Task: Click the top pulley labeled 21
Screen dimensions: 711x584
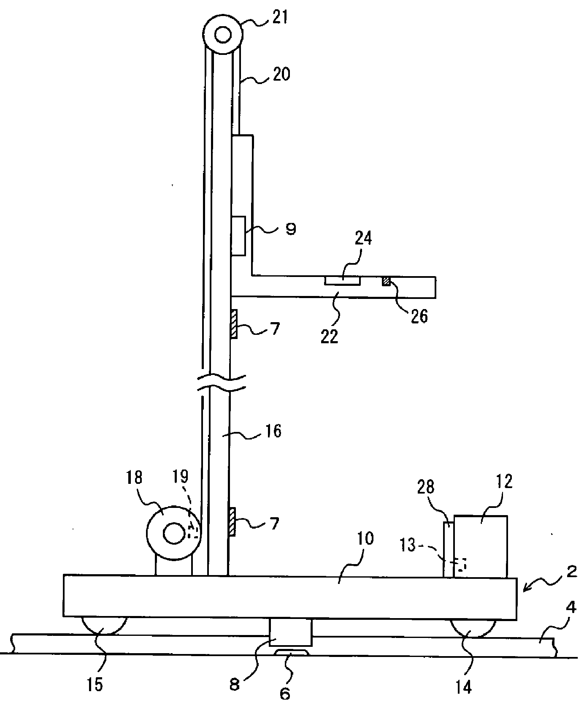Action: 223,35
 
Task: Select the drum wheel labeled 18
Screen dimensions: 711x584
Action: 173,534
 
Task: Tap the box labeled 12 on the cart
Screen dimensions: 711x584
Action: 481,546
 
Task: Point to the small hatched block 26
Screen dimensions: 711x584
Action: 386,281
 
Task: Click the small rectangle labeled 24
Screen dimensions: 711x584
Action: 342,280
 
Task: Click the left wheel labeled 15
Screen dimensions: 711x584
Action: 103,626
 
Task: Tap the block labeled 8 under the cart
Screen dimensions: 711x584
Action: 291,632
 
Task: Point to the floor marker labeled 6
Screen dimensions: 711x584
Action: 292,653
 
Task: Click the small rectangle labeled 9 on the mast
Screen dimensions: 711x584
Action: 238,236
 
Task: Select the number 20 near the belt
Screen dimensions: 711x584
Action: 281,74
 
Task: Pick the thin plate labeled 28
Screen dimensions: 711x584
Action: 449,550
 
